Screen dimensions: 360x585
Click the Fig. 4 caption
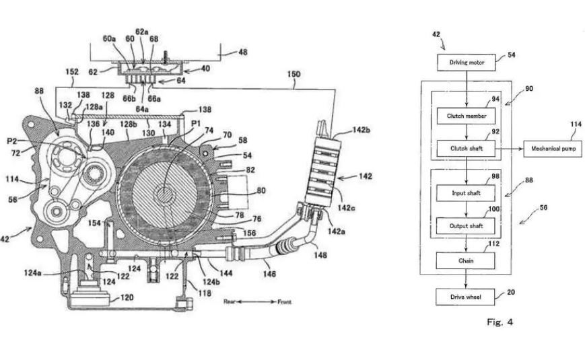click(500, 322)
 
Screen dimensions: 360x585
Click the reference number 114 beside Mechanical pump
click(556, 125)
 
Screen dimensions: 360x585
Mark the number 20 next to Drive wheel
click(511, 293)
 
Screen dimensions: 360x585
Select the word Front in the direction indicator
click(284, 302)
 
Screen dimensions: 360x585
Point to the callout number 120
click(128, 297)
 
